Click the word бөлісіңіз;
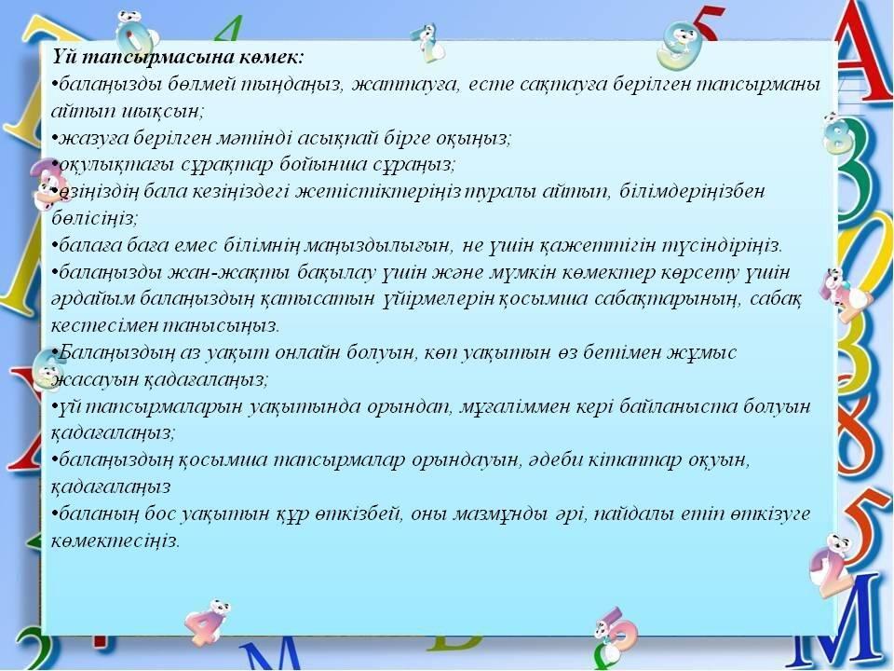(94, 218)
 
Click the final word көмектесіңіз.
(115, 541)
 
